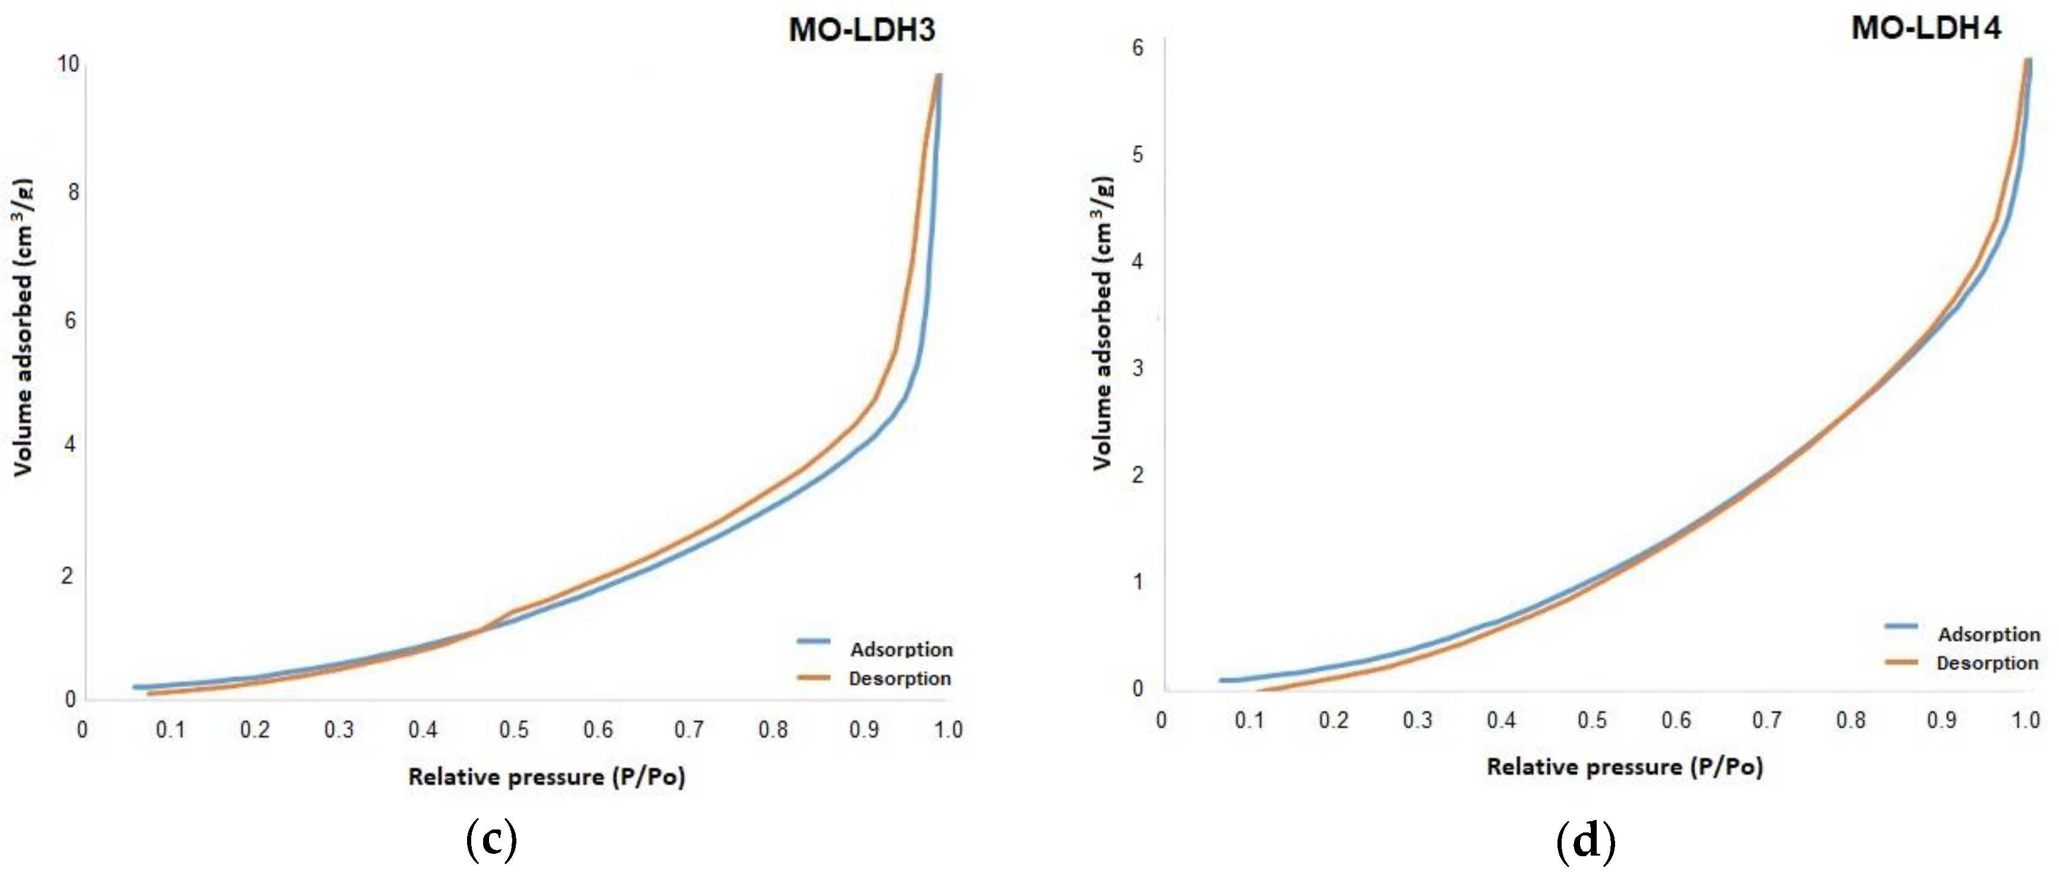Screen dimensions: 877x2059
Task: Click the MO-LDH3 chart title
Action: tap(861, 30)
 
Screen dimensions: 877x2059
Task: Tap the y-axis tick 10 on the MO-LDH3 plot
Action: tap(69, 64)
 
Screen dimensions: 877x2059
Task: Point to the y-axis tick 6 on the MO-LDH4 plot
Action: tap(1137, 48)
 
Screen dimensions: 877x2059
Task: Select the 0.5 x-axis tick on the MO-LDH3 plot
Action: tap(514, 729)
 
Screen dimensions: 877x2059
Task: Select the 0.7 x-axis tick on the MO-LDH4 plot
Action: tap(1767, 720)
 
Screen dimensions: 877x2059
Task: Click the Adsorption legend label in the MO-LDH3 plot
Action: tap(901, 649)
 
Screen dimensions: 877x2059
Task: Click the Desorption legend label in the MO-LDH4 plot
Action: tap(1987, 663)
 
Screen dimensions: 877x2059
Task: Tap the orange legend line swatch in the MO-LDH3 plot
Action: tap(813, 677)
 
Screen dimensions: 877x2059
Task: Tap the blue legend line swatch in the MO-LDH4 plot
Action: tap(1902, 626)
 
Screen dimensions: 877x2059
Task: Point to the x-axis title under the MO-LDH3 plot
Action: tap(547, 776)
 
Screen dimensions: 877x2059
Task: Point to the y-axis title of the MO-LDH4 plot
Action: tap(1102, 322)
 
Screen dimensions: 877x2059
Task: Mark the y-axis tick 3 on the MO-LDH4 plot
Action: tap(1137, 368)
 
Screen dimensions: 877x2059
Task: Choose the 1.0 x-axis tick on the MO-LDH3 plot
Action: tap(948, 729)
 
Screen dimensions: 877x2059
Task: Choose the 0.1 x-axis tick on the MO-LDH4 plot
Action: tap(1248, 720)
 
